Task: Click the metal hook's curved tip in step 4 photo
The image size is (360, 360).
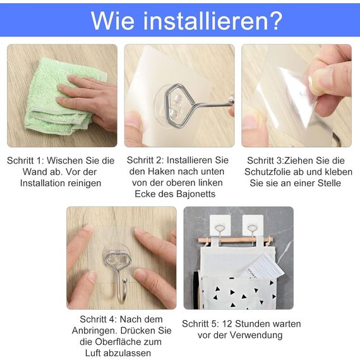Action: coord(124,282)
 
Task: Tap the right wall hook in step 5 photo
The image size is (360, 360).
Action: coord(253,225)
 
